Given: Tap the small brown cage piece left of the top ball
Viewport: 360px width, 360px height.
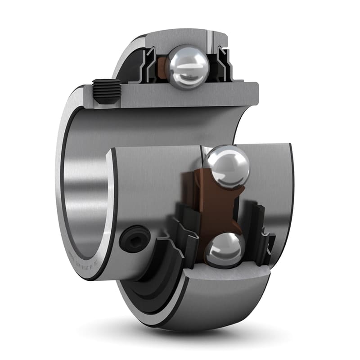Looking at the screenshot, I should click(162, 67).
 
